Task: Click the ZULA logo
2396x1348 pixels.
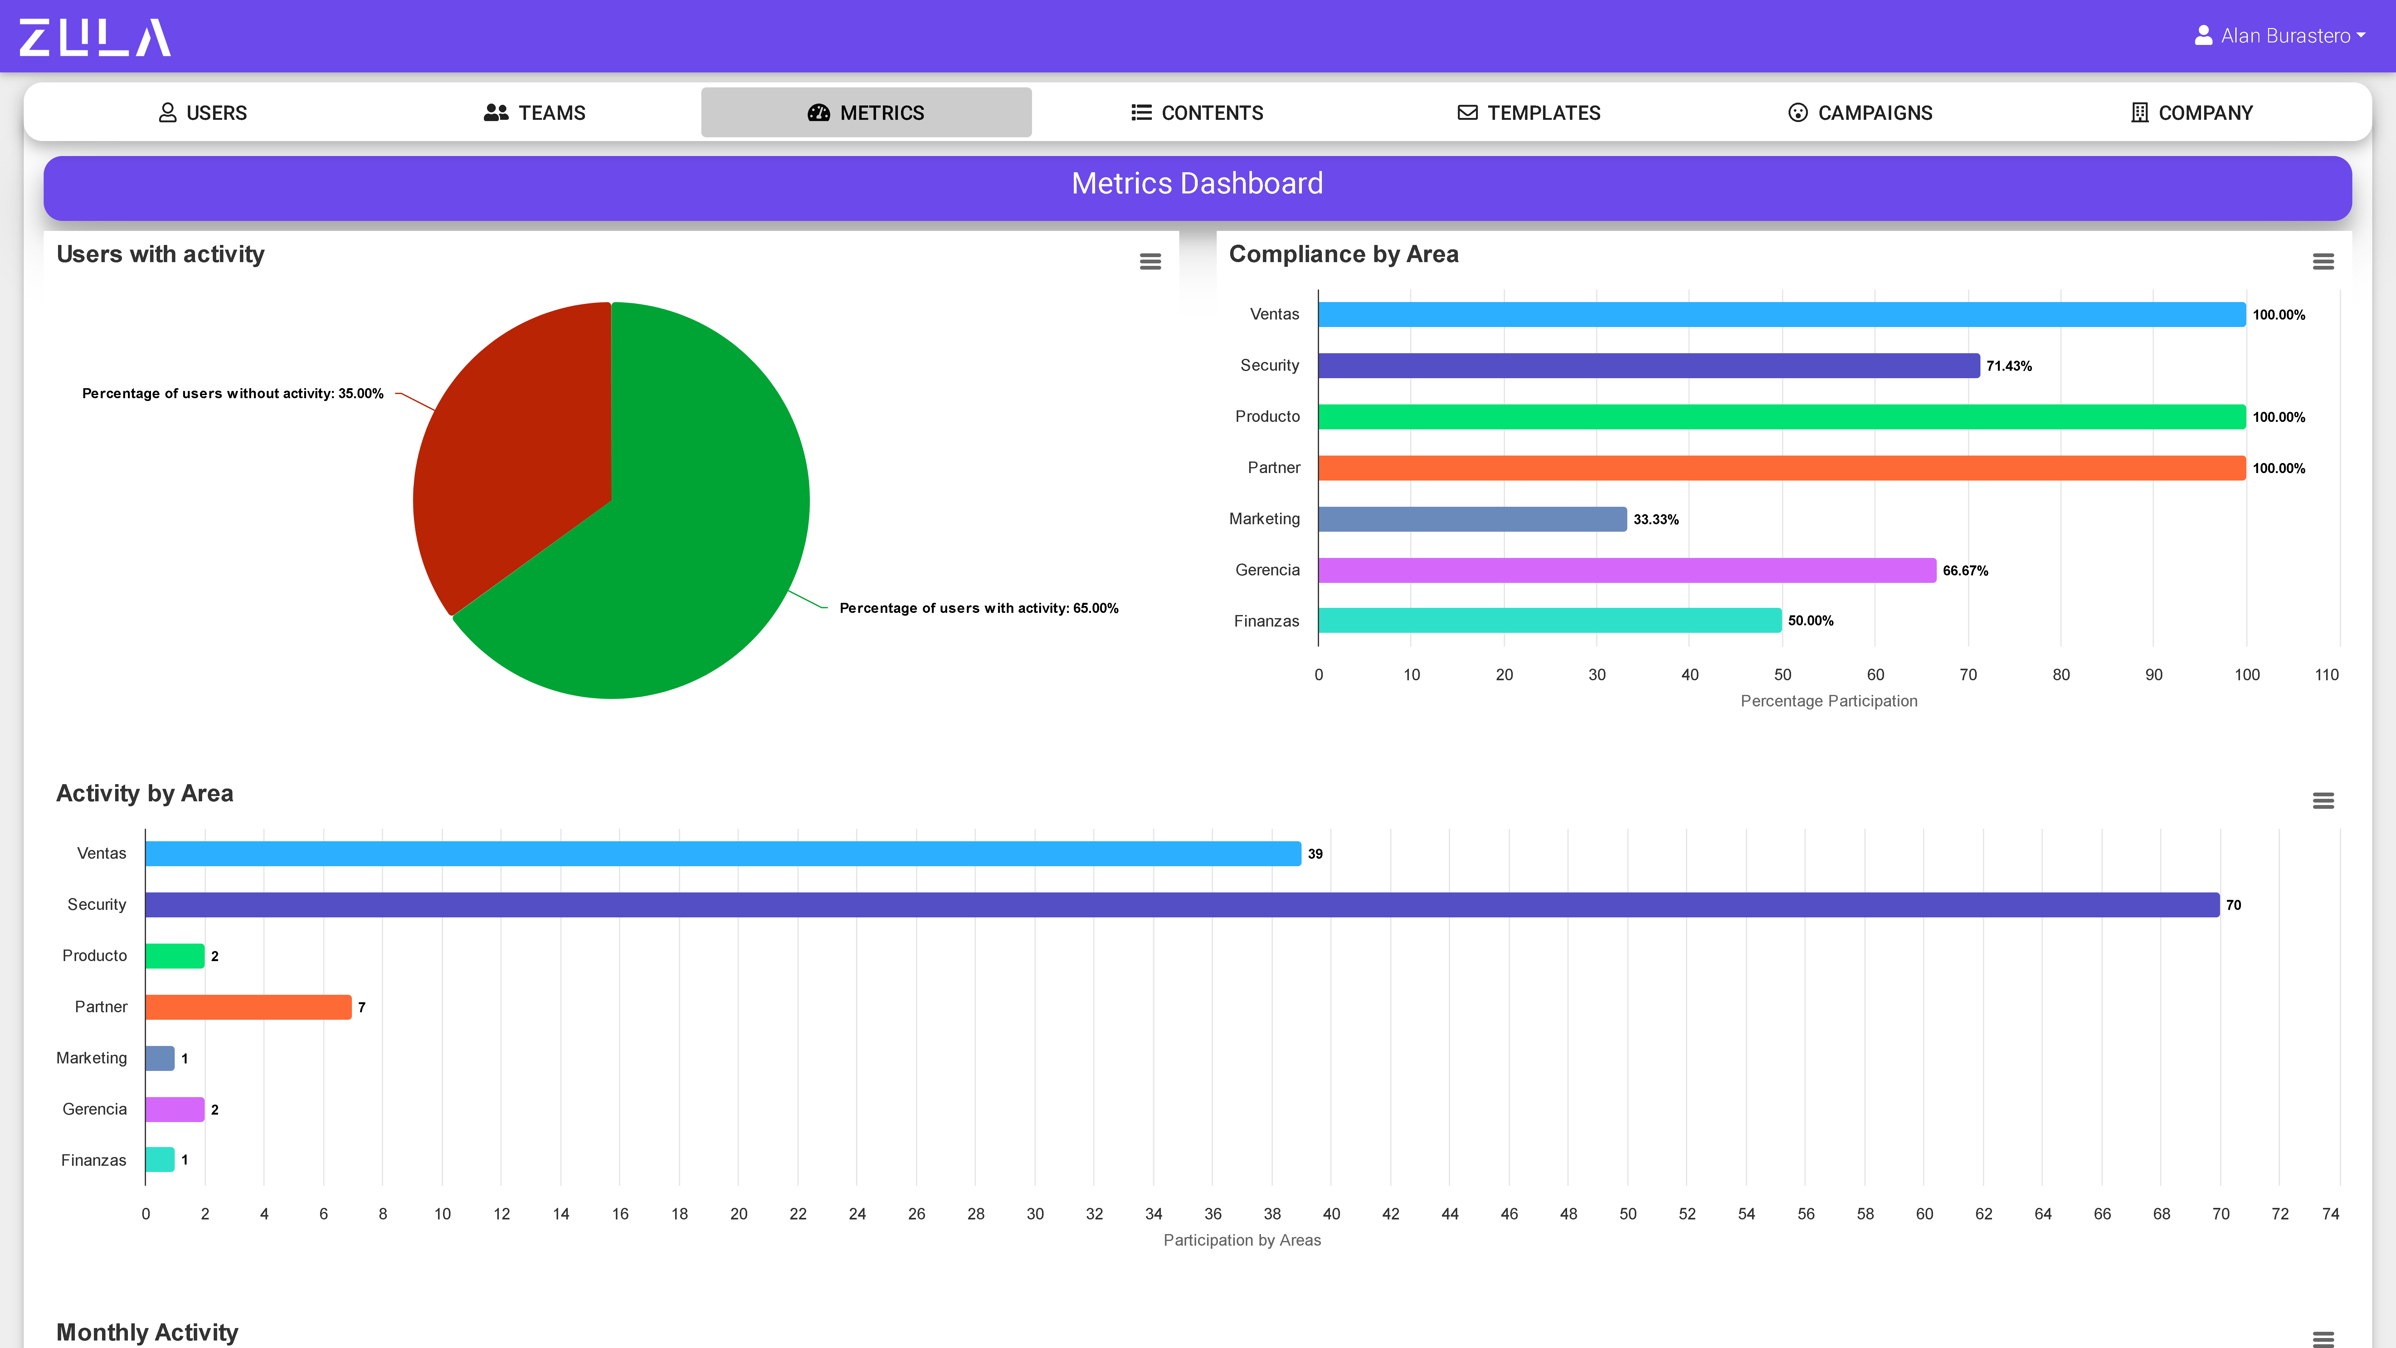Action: tap(95, 37)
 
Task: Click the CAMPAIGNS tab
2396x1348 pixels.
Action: tap(1860, 113)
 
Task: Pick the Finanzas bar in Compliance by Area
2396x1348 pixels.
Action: tap(1549, 621)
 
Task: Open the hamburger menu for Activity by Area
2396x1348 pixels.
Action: tap(2322, 801)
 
